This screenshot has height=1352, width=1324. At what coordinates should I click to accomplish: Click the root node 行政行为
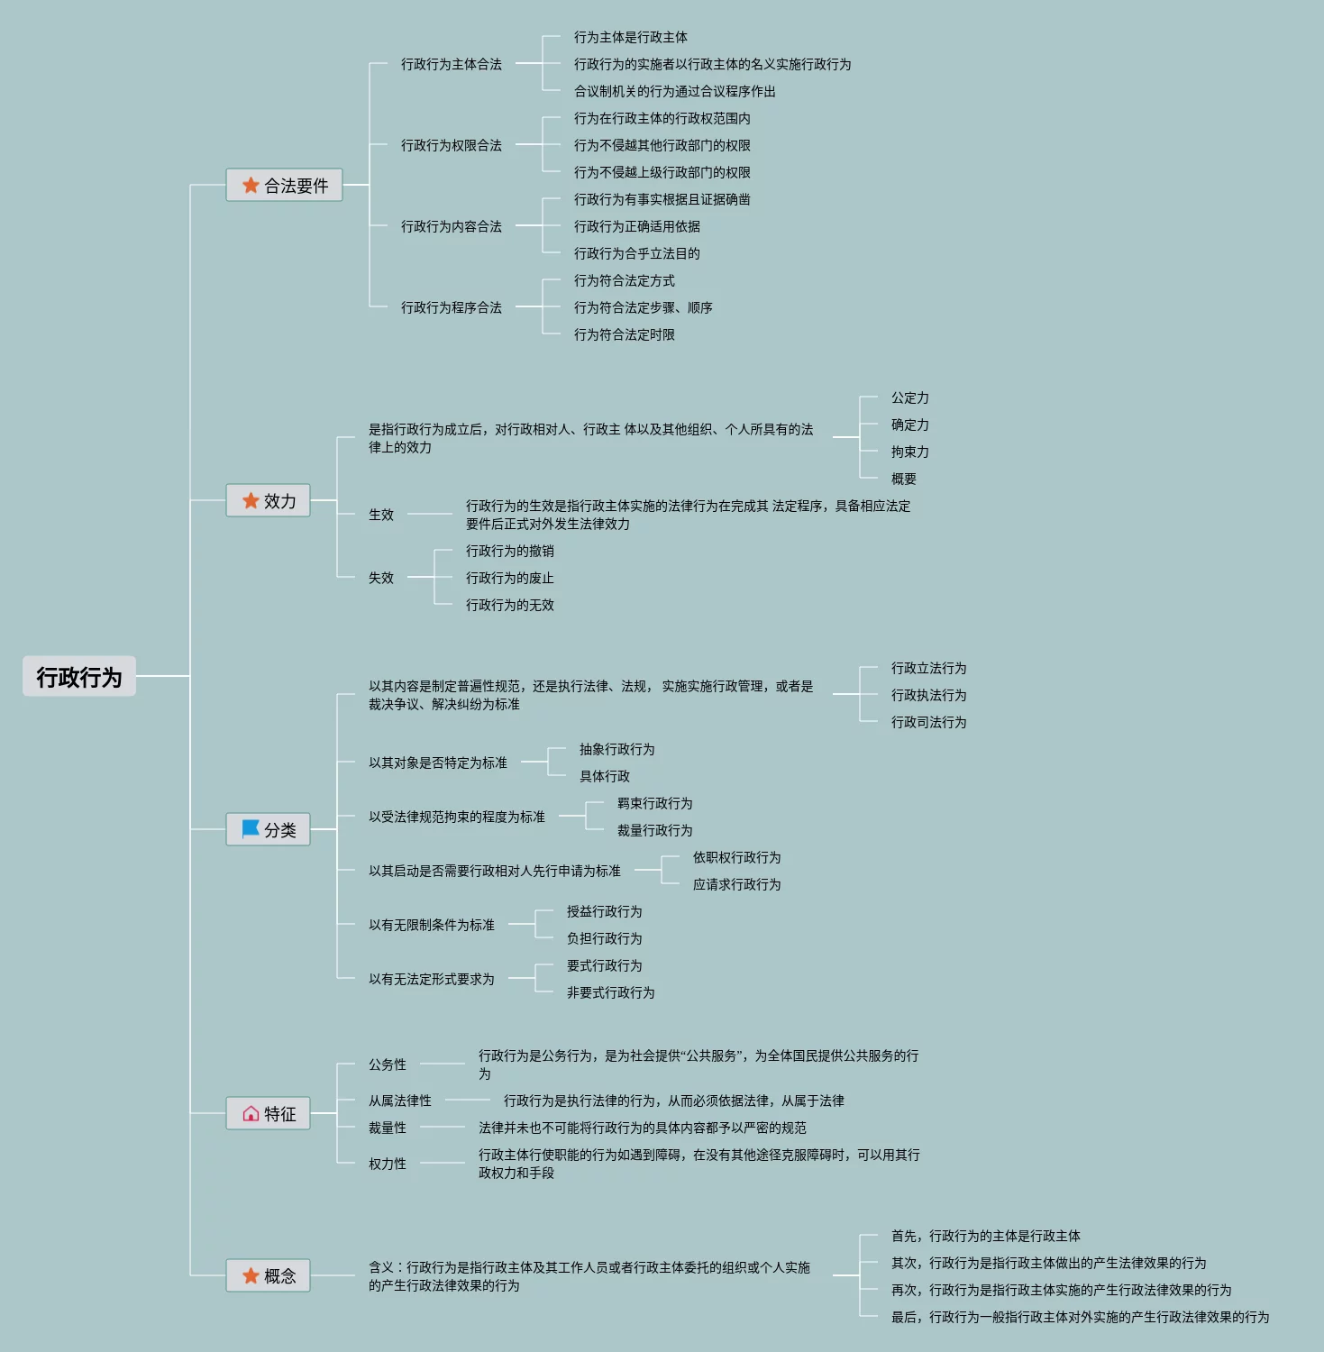click(79, 676)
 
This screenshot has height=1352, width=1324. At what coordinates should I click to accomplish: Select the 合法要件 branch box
click(284, 186)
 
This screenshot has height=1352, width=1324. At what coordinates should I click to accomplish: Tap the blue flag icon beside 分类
click(251, 828)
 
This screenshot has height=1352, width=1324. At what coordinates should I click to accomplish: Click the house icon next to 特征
click(251, 1114)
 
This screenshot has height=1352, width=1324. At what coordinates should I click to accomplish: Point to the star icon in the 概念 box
click(251, 1275)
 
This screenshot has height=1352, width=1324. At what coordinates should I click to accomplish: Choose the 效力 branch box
click(268, 501)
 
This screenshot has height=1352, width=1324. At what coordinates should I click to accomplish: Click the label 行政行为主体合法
click(451, 64)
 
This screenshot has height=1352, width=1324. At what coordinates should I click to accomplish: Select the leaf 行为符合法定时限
click(624, 334)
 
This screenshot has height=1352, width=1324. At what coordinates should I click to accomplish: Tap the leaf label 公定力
click(909, 397)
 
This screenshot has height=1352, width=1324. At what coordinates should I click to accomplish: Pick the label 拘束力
click(909, 452)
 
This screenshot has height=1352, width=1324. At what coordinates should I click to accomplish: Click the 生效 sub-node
click(380, 515)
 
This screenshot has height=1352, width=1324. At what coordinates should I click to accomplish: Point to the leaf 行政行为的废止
click(509, 578)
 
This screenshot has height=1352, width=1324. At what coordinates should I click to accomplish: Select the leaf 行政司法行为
click(928, 722)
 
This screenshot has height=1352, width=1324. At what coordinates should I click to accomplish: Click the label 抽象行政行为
click(616, 749)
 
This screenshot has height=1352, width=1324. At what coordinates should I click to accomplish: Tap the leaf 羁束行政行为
click(654, 803)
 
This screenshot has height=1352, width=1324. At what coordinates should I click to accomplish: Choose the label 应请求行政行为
click(736, 884)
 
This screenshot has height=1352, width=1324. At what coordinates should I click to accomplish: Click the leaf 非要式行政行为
click(610, 992)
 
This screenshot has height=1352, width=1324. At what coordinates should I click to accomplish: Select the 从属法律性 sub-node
click(399, 1101)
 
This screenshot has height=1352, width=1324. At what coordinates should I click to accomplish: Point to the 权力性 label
click(387, 1164)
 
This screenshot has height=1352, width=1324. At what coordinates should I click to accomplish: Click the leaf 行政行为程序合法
click(451, 307)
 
